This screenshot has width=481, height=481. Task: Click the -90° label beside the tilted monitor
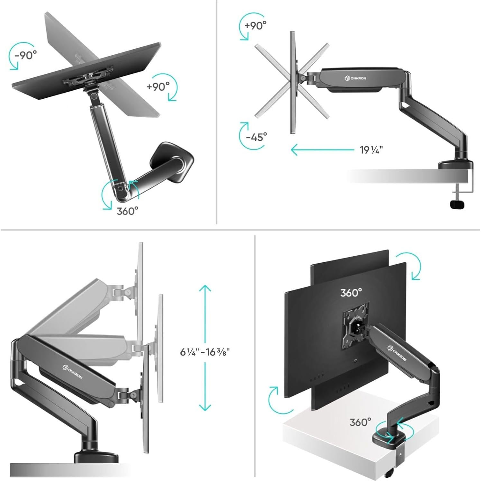tap(26, 55)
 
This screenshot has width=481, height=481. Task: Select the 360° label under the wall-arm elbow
tap(127, 211)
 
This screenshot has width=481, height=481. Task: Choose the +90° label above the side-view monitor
tap(255, 26)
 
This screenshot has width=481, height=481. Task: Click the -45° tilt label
tap(256, 137)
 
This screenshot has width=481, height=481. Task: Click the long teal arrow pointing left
tap(322, 150)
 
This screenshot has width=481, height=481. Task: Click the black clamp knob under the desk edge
tap(457, 204)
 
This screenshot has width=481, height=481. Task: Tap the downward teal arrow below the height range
tap(205, 392)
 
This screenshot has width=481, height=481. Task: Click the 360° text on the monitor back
tap(351, 293)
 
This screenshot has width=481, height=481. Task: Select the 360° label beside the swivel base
tap(360, 422)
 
